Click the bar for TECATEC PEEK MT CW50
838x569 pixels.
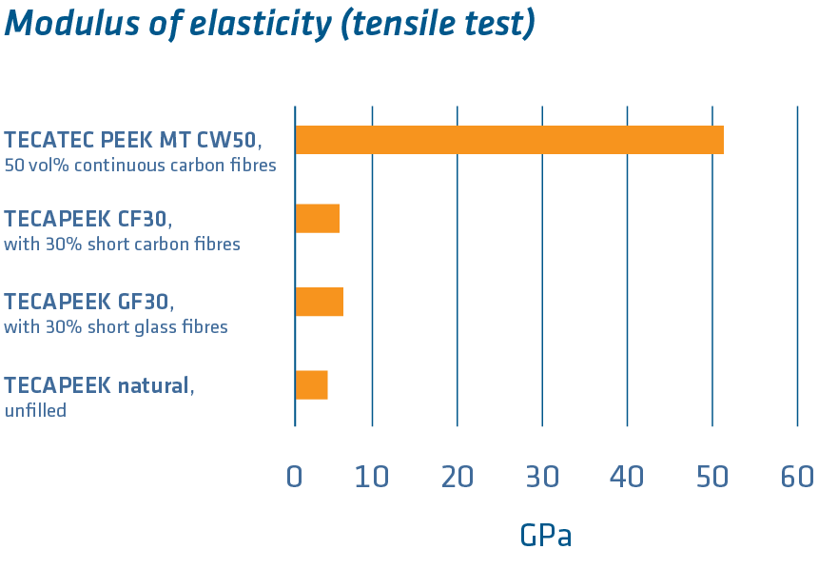pos(509,140)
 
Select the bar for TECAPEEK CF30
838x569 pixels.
pos(317,219)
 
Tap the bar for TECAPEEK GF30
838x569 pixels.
pos(319,302)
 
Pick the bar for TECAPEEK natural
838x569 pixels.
pos(311,384)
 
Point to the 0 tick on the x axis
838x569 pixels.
pos(295,477)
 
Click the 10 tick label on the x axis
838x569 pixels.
pos(372,477)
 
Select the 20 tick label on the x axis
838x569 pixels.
pos(457,477)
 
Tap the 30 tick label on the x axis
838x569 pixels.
pos(542,477)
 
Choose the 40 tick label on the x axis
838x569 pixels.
pos(627,477)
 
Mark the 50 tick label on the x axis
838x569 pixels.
pos(711,477)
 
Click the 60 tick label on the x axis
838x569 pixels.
pos(797,477)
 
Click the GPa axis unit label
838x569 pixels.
pos(545,536)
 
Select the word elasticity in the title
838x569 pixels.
pos(250,24)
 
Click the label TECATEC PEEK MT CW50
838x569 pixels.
pos(132,140)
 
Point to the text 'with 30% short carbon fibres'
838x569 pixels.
pos(122,245)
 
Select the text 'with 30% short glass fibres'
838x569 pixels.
pos(116,327)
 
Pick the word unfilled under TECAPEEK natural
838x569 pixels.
pos(35,411)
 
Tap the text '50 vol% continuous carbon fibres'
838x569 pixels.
pos(140,165)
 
